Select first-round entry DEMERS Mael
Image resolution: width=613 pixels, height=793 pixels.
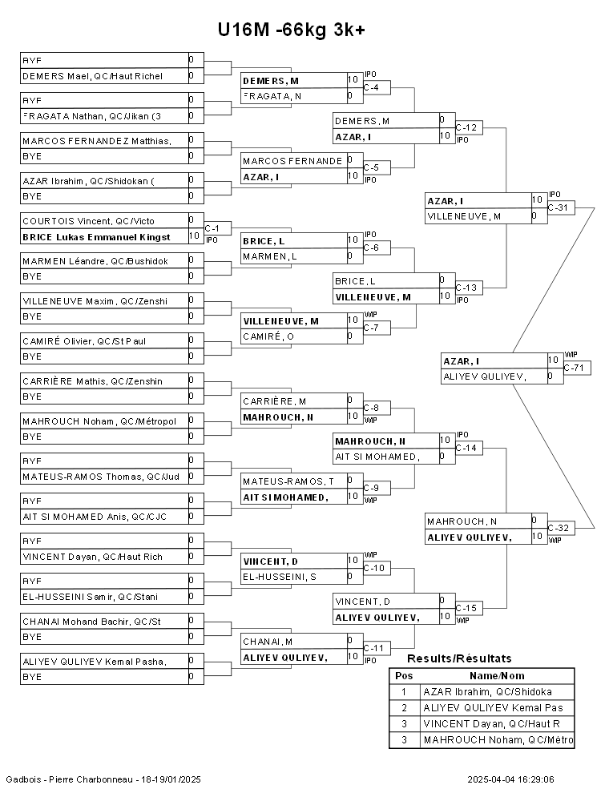click(x=92, y=76)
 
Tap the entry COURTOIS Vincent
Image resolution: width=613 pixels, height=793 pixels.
click(x=88, y=220)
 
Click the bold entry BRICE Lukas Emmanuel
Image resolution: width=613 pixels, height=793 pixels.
click(x=96, y=236)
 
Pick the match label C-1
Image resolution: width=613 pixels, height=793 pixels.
click(x=212, y=228)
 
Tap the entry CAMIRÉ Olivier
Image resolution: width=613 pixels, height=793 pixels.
click(x=84, y=340)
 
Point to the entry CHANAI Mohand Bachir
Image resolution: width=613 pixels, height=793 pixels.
click(x=91, y=621)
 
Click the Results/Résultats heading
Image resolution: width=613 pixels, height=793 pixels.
click(x=459, y=658)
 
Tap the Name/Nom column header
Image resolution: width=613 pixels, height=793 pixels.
click(x=496, y=675)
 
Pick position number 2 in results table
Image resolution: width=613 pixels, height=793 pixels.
click(x=404, y=707)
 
